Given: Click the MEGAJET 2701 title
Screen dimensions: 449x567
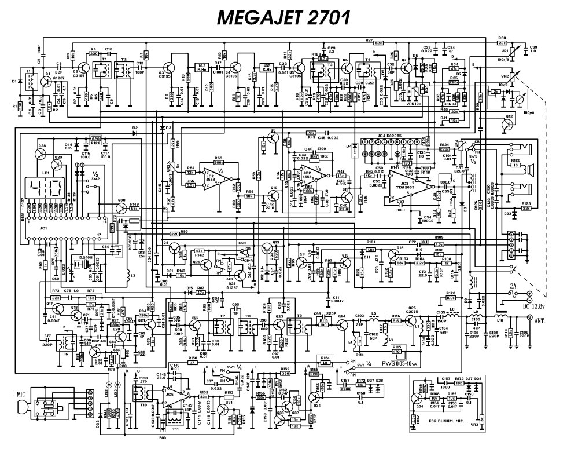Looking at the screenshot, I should (283, 18).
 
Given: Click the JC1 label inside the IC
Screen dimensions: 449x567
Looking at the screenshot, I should (27, 228).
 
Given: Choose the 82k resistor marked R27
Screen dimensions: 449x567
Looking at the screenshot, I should (378, 43).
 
